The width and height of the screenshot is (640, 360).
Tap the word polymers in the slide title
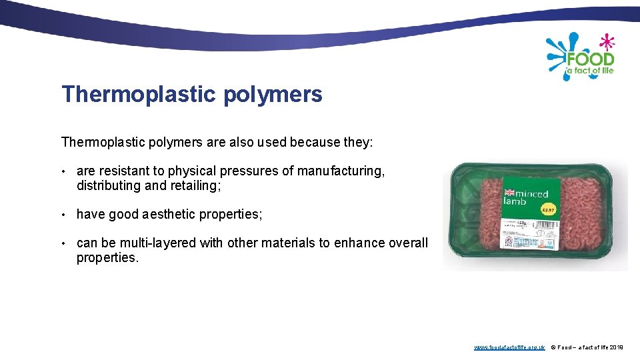(x=273, y=95)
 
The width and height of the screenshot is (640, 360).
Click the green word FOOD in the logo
(x=590, y=58)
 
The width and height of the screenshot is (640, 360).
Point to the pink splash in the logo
(x=606, y=41)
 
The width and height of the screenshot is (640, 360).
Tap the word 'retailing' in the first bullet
(x=194, y=186)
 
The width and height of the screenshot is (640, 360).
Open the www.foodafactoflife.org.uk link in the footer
(x=509, y=347)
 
